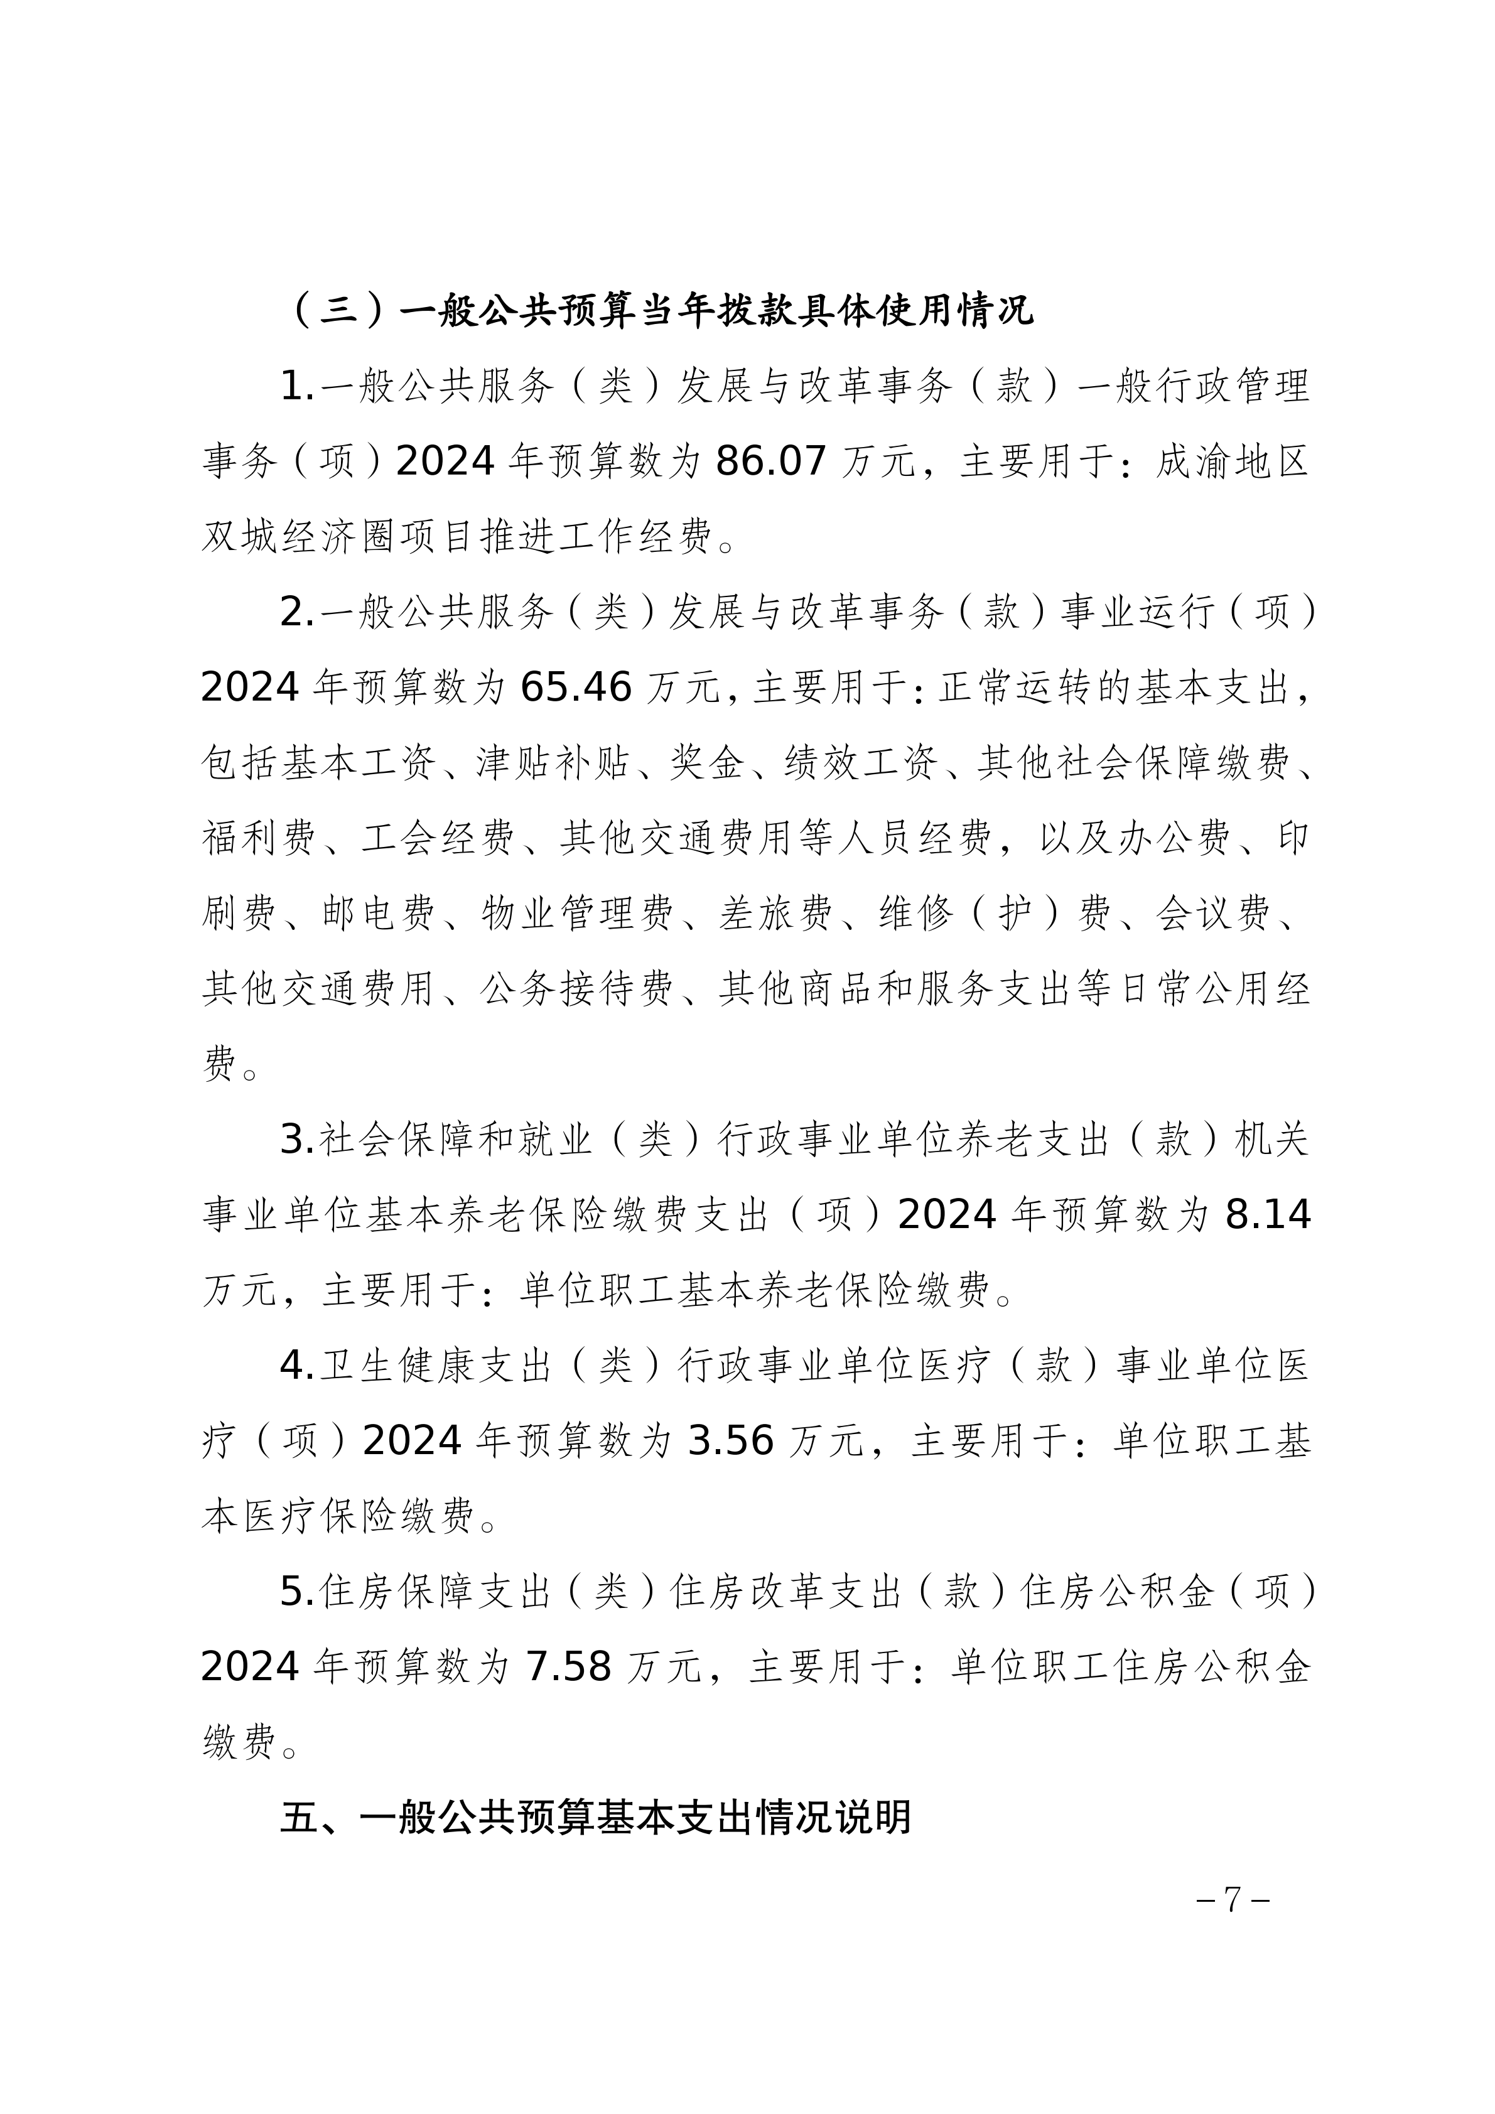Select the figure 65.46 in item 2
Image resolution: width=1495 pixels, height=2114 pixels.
[x=576, y=687]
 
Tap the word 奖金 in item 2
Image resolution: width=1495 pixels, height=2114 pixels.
[x=706, y=762]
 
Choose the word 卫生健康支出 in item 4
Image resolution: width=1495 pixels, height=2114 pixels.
[x=435, y=1366]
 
